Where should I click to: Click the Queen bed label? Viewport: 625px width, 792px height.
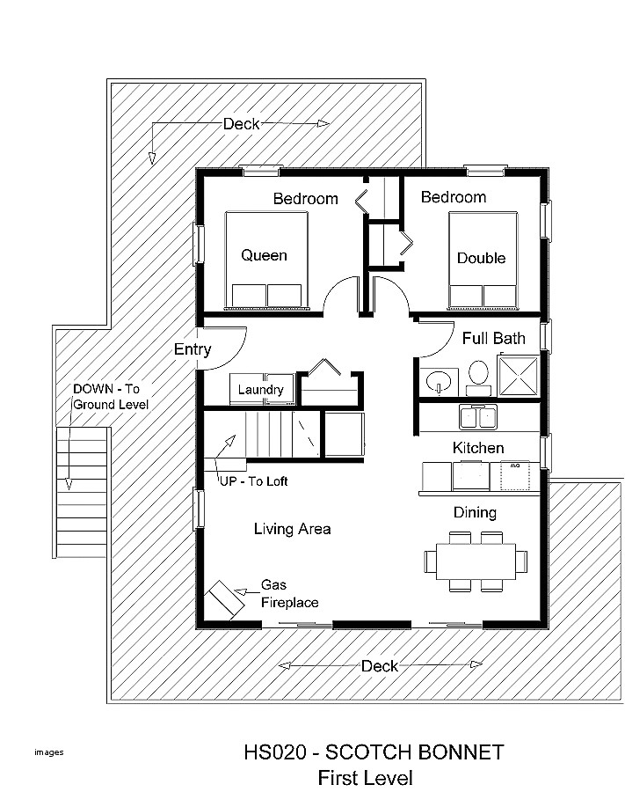pos(264,255)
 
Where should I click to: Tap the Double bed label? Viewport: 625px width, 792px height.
pos(481,258)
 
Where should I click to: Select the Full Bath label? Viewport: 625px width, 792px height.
pos(493,338)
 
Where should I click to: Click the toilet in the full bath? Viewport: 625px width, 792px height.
pos(479,374)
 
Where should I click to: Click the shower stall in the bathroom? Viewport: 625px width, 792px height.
pos(520,376)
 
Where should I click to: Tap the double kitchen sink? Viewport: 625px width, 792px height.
pos(477,415)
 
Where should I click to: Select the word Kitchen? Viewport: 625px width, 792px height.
pos(478,448)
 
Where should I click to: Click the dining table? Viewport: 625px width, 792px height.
pos(476,561)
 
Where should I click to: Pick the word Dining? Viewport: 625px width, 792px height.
pos(475,512)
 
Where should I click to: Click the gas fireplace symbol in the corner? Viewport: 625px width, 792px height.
pos(225,602)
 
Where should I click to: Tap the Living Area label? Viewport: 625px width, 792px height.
pos(292,529)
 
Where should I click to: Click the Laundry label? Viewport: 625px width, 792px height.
pos(260,389)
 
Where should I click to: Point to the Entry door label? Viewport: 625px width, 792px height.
pos(192,349)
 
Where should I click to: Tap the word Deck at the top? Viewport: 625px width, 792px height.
pos(240,124)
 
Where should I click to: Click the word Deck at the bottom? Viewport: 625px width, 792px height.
pos(380,665)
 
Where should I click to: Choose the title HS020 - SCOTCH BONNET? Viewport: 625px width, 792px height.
pos(374,752)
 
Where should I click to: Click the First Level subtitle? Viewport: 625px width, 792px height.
pos(365,778)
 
